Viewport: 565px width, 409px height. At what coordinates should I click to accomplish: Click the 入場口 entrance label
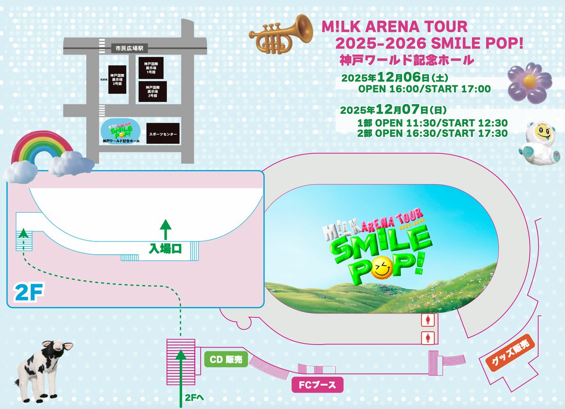[165, 249]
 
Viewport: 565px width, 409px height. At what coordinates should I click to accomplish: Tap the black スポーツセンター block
[163, 134]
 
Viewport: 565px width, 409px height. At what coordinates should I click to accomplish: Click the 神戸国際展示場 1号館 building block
[151, 67]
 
